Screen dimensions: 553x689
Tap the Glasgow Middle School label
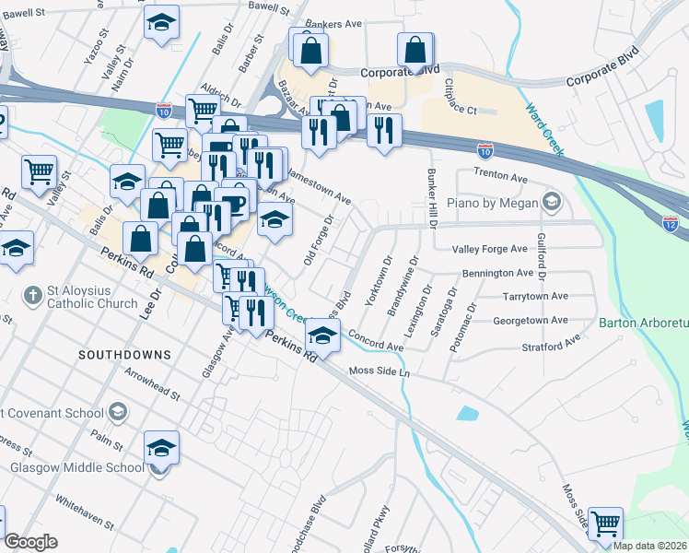(x=77, y=467)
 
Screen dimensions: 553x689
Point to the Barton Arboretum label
(x=643, y=324)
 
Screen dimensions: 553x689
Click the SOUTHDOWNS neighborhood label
(x=124, y=354)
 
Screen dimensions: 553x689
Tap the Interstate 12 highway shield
(x=671, y=224)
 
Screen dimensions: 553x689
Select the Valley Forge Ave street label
(x=489, y=249)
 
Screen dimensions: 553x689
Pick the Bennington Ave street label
(x=498, y=274)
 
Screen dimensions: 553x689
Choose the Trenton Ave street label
(x=501, y=175)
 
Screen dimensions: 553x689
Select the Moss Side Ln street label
(x=379, y=371)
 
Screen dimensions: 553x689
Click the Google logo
(x=30, y=542)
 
